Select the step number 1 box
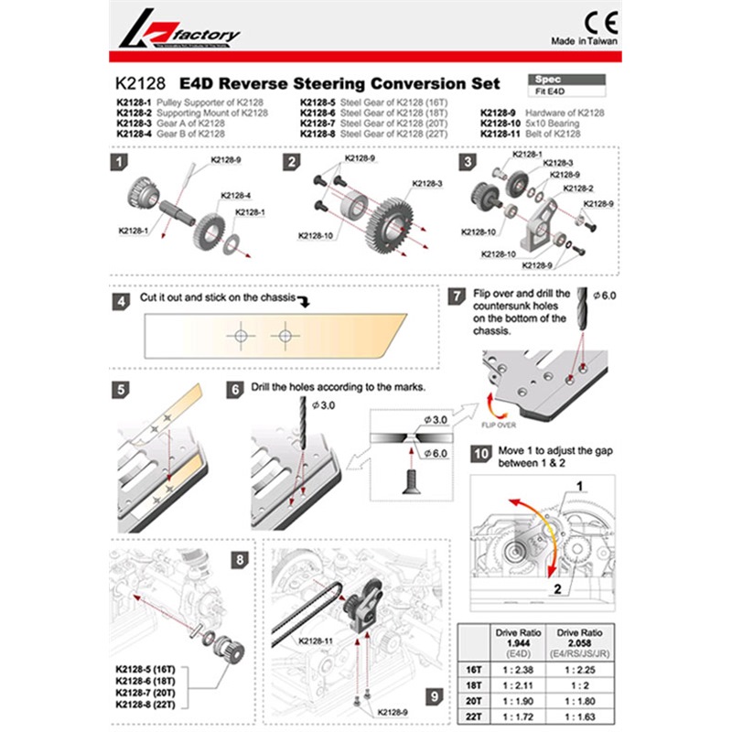[x=118, y=163]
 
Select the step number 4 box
[x=119, y=301]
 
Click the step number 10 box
[x=479, y=452]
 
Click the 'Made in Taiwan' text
[x=585, y=42]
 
